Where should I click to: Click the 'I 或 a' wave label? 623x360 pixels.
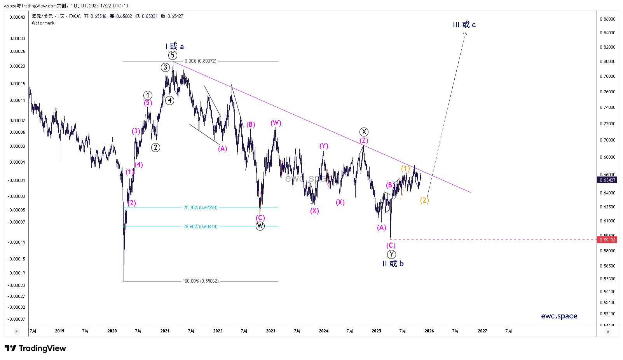tap(175, 47)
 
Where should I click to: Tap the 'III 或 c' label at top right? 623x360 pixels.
tap(464, 25)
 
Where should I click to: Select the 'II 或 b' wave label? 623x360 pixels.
tap(393, 264)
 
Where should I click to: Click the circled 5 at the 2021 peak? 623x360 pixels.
tap(173, 55)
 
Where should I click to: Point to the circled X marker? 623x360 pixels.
tap(364, 132)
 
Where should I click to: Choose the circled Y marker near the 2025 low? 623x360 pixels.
tap(391, 254)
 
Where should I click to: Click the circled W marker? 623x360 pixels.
tap(260, 226)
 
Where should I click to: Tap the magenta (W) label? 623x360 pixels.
tap(276, 123)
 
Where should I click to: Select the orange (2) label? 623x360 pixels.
tap(424, 200)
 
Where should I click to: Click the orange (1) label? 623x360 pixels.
tap(405, 169)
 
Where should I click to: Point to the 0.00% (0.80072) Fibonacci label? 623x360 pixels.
tap(201, 61)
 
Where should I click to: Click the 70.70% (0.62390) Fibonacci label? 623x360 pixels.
tap(201, 208)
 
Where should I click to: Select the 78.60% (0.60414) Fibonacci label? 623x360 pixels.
tap(201, 227)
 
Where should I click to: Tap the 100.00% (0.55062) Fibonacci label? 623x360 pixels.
tap(201, 281)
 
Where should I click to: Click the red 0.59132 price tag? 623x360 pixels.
tap(607, 240)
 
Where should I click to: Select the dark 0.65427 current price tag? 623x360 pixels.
tap(607, 180)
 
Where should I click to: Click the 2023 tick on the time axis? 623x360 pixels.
tap(270, 331)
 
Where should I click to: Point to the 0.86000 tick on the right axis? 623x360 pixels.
tap(607, 19)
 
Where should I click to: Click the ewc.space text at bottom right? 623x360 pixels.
tap(559, 316)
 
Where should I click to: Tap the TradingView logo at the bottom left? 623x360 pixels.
tap(35, 348)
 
